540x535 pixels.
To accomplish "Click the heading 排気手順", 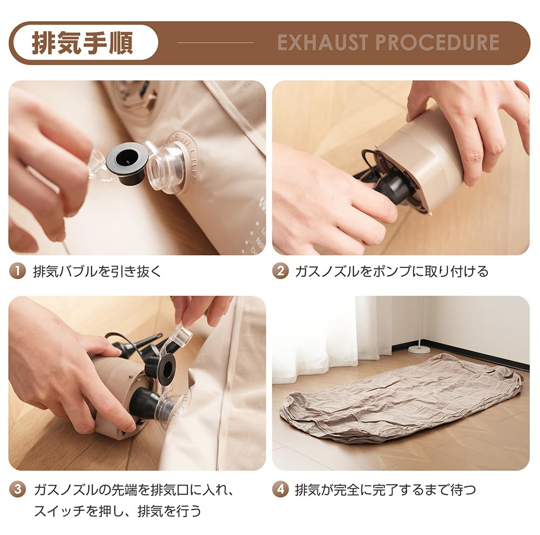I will tap(83, 43).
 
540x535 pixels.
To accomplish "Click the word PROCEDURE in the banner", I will tap(441, 43).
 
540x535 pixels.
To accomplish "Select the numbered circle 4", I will tap(280, 490).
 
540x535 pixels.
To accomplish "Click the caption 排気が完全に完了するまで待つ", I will tap(386, 490).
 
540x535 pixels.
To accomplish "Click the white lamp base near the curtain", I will tap(419, 349).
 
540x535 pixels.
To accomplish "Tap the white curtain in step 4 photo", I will tap(324, 335).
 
